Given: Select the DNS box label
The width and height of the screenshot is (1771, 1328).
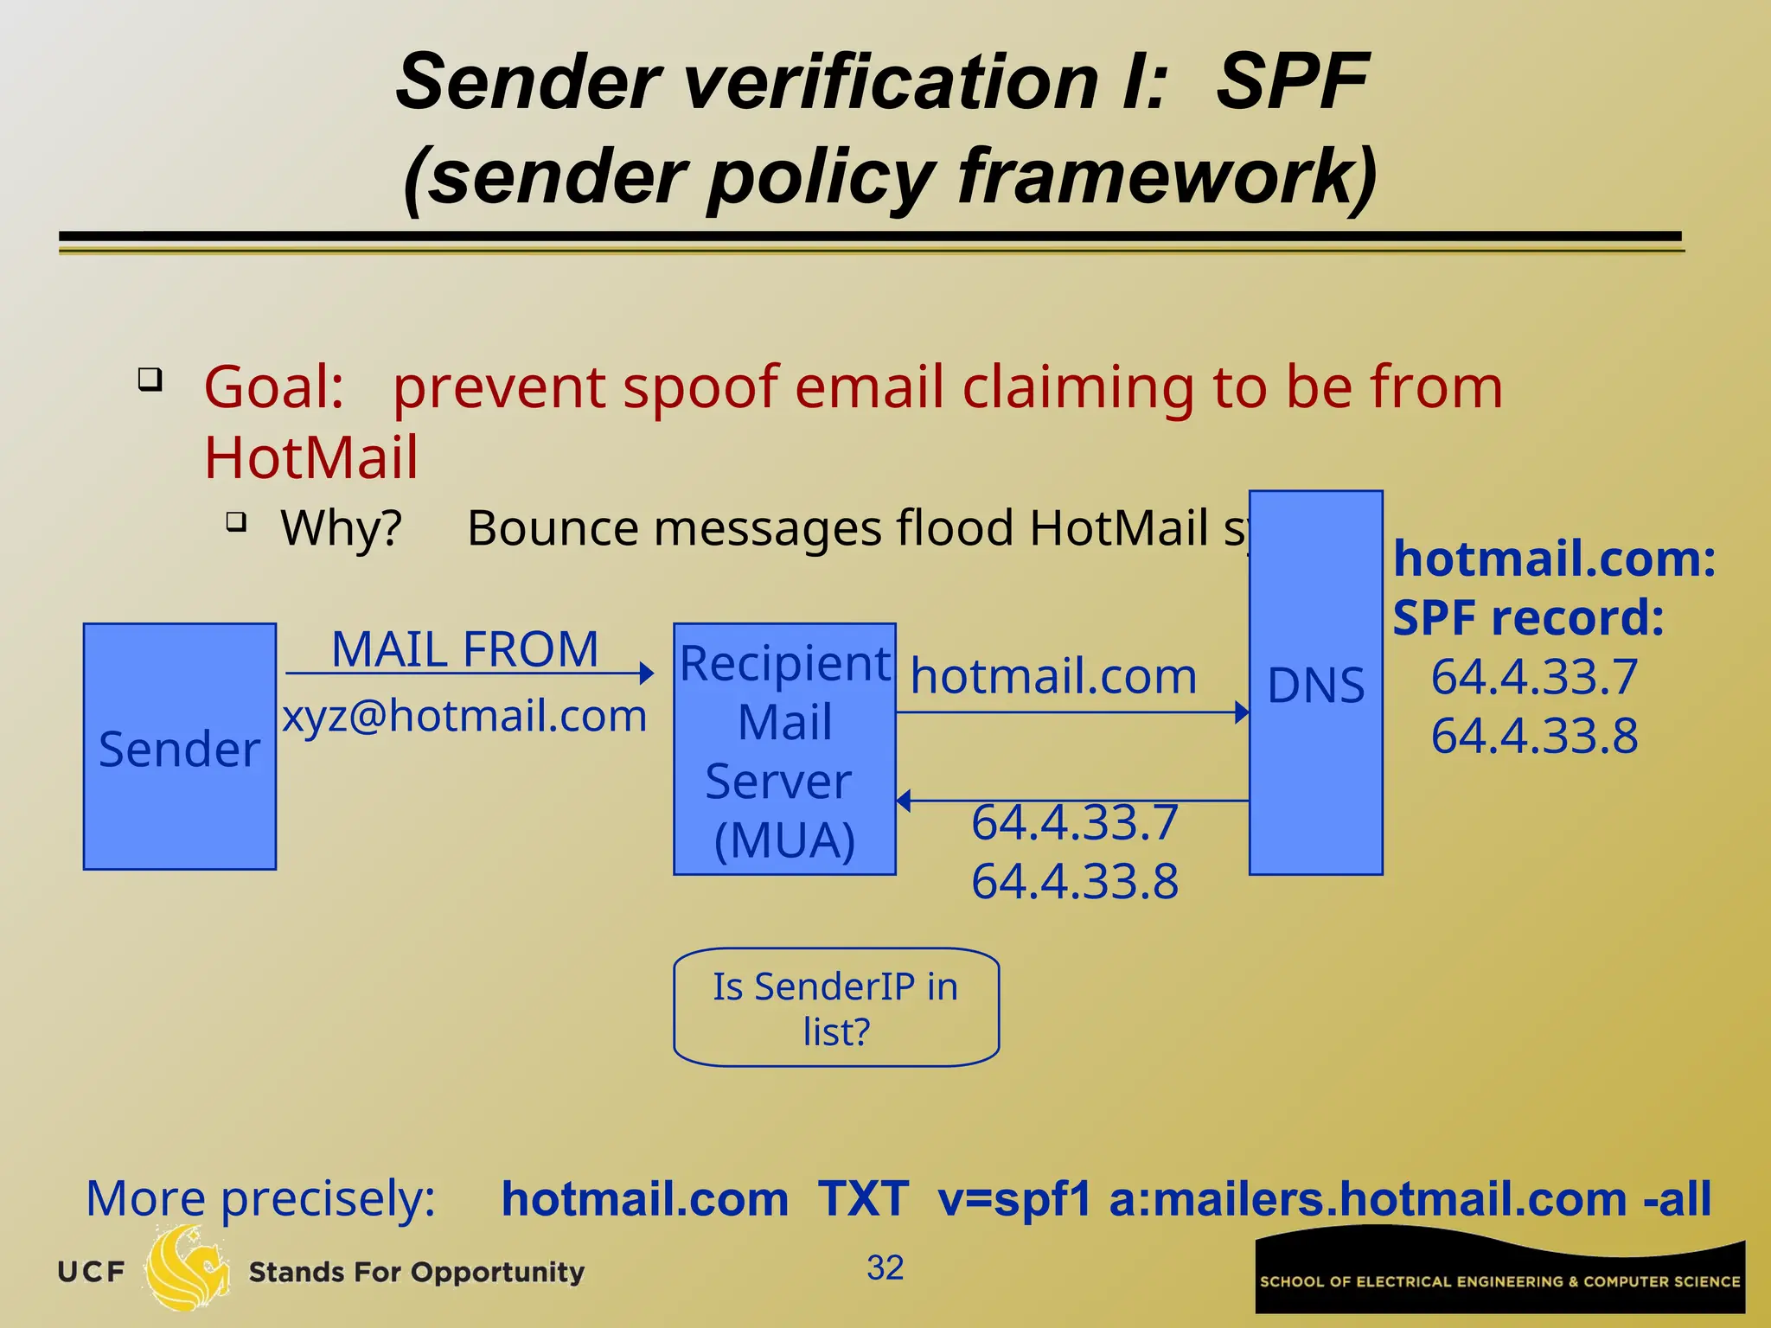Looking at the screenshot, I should point(1315,686).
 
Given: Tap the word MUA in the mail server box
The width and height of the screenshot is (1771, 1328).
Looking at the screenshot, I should point(784,840).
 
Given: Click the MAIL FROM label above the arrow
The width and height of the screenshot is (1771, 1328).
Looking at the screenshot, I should point(465,649).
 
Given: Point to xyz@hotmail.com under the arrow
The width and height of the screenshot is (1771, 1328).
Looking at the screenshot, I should point(464,716).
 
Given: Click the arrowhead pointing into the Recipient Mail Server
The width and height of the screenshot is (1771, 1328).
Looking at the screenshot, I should point(646,673).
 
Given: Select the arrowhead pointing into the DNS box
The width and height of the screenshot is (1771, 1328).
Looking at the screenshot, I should point(1242,712).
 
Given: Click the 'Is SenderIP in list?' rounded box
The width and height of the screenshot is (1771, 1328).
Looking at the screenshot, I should point(836,1007).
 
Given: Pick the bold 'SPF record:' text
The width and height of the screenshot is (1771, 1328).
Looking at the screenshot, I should point(1528,617).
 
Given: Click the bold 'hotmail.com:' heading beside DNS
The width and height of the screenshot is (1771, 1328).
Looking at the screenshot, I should point(1554,559).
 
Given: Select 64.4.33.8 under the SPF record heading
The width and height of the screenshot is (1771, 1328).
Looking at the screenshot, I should point(1534,736).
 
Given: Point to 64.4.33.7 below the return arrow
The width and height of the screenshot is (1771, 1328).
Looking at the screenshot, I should point(1075,821).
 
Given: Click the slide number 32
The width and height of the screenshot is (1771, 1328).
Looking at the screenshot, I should point(885,1267).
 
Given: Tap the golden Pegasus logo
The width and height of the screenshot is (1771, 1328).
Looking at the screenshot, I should point(187,1269).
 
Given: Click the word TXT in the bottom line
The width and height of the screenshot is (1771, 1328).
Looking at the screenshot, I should point(863,1199).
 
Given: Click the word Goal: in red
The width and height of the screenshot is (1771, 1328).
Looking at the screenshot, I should point(274,386).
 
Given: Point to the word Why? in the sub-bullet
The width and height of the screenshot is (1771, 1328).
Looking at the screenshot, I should point(342,527).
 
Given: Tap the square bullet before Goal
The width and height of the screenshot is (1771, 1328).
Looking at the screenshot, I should point(150,379).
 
